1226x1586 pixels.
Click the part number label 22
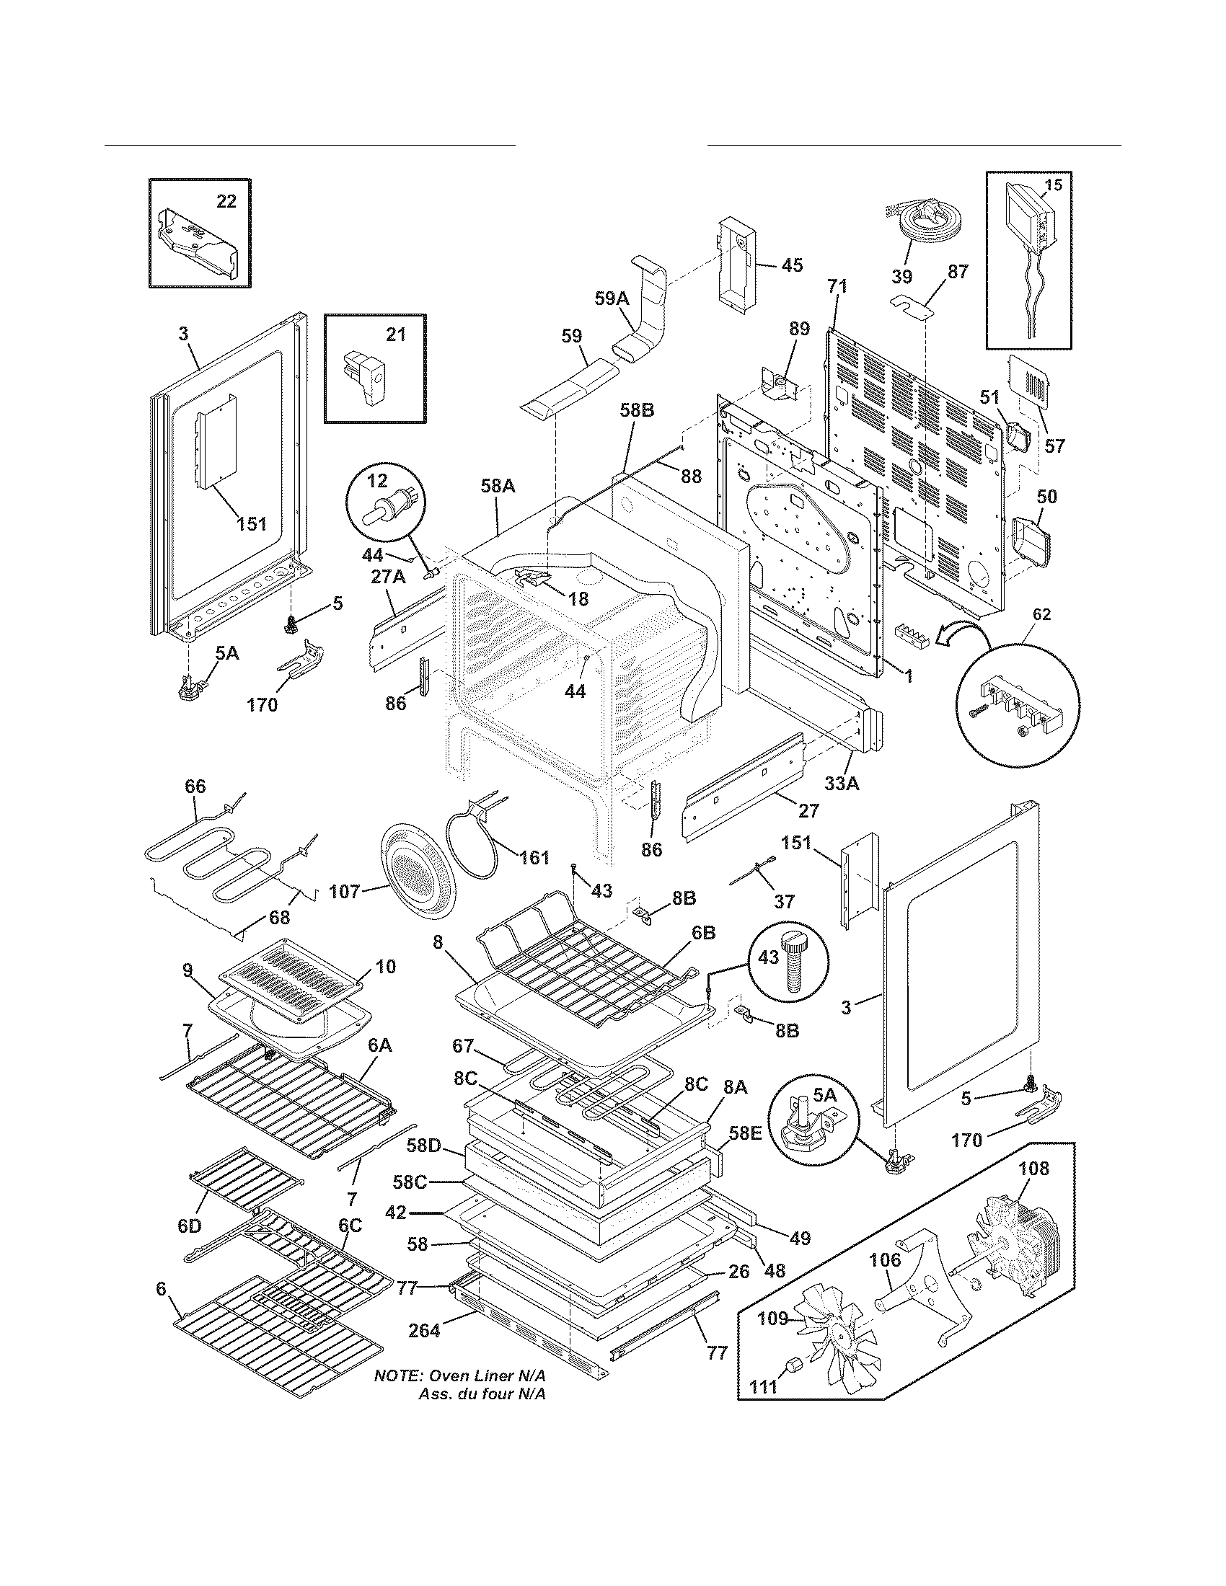click(x=226, y=202)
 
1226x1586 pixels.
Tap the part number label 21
click(x=395, y=335)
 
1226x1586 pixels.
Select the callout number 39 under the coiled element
click(x=902, y=277)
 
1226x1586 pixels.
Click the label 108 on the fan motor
click(x=1033, y=1169)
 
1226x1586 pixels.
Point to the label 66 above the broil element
click(x=195, y=787)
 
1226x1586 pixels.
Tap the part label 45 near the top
click(x=792, y=266)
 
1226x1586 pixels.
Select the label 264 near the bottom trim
click(x=424, y=1330)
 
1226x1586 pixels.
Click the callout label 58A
click(x=498, y=486)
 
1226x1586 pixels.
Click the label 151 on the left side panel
click(x=251, y=523)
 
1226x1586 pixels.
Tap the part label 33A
click(x=842, y=783)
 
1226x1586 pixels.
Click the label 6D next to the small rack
click(x=189, y=1226)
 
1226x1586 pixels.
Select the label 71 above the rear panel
click(x=837, y=287)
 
